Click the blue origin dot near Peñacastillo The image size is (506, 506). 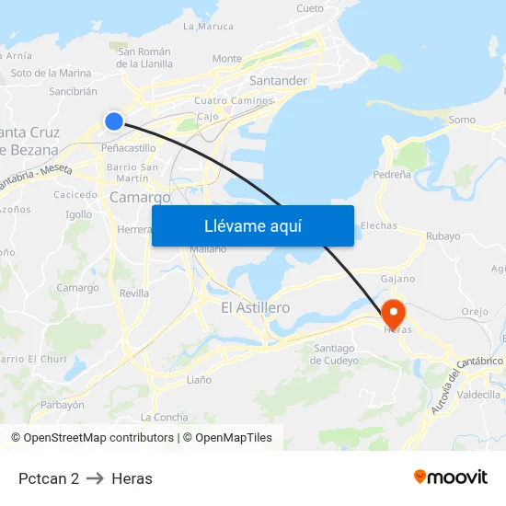114,121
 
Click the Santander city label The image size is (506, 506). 278,81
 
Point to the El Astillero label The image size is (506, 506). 256,307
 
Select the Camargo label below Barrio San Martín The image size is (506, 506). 140,197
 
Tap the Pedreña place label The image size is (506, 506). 394,174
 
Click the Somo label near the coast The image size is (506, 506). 462,120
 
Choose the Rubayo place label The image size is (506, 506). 443,236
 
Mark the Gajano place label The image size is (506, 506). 398,278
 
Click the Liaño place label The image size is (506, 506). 199,379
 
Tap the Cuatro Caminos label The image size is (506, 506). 234,100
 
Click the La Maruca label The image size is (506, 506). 209,27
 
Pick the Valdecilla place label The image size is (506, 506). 478,395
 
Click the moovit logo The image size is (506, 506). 450,477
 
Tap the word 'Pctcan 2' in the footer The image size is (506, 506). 49,478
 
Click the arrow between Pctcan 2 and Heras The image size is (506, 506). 95,478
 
